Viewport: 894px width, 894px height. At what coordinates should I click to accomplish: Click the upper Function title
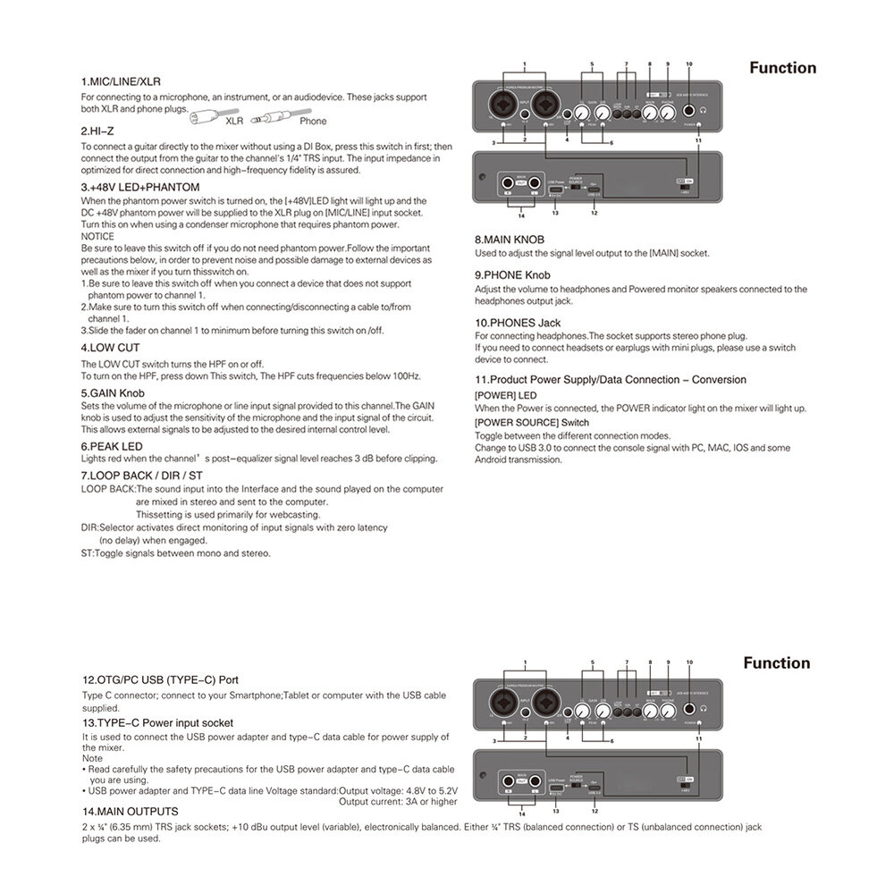(782, 68)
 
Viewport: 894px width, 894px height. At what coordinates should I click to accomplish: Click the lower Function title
(776, 662)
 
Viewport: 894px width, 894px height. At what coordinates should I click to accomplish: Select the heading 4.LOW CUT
(111, 347)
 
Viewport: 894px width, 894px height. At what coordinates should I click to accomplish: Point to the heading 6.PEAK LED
(112, 445)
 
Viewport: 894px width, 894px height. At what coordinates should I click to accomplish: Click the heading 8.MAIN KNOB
(510, 240)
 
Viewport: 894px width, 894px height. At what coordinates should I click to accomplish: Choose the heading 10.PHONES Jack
(518, 322)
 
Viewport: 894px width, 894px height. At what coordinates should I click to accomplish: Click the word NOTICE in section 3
(97, 236)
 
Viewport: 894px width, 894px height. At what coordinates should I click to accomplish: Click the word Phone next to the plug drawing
(313, 121)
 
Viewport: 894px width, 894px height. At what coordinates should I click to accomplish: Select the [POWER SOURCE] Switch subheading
(531, 422)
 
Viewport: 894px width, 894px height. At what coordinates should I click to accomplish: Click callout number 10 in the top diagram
(689, 64)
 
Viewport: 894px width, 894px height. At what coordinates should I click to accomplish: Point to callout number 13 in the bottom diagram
(555, 810)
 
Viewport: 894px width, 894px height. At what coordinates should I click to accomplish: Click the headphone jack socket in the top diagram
(690, 112)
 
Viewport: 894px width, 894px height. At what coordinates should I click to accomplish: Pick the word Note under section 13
(92, 758)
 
